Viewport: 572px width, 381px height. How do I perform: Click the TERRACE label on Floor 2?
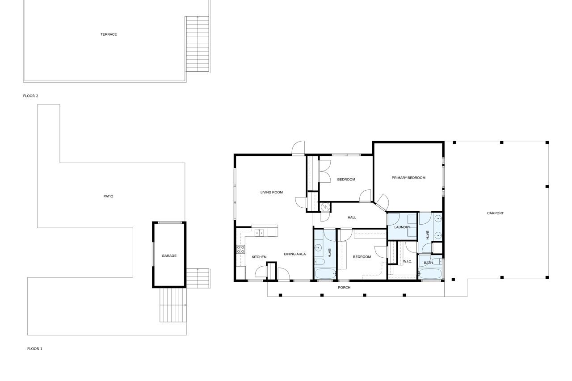point(109,34)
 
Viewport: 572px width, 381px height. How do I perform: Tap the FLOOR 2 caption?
point(31,96)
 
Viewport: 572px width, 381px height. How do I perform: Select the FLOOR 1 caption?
point(35,349)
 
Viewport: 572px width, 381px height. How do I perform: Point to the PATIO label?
point(108,197)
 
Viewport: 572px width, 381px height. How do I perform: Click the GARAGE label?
point(169,255)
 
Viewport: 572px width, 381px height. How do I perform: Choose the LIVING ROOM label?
point(271,193)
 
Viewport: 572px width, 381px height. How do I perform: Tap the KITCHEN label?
point(259,257)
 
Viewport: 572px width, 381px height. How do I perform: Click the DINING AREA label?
point(294,254)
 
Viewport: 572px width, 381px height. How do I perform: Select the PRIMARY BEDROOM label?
point(408,178)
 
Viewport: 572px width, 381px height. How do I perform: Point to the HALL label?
point(352,218)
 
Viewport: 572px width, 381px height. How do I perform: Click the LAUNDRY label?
point(402,227)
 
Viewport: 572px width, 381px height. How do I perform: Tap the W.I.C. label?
point(407,262)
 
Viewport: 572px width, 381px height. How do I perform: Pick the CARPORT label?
point(495,214)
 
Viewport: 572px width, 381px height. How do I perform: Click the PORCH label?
point(344,288)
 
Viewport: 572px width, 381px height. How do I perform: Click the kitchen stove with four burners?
point(240,250)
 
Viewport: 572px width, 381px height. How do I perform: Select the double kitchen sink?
point(259,233)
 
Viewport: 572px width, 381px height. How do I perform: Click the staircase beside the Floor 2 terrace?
point(198,44)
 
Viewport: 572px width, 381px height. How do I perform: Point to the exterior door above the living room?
point(298,148)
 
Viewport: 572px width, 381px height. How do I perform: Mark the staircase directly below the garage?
point(173,305)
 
